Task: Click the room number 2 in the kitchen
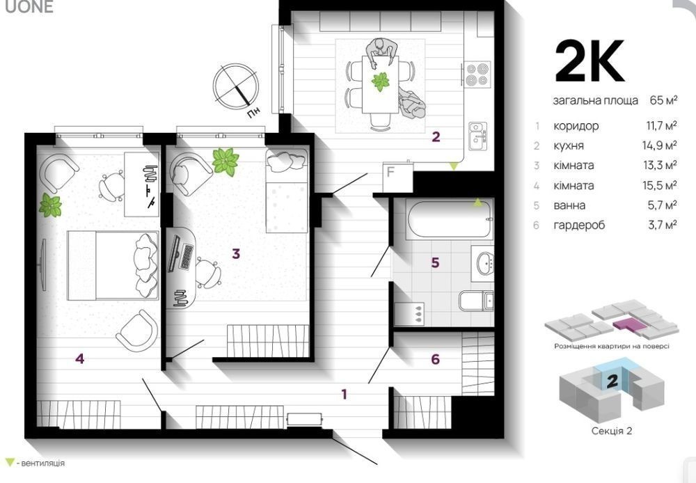[436, 136]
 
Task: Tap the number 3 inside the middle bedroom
[236, 254]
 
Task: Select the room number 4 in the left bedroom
[80, 358]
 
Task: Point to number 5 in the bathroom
[436, 262]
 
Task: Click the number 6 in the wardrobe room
[436, 358]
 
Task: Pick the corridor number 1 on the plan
[344, 394]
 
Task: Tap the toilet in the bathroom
[476, 301]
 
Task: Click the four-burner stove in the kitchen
[477, 74]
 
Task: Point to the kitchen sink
[478, 136]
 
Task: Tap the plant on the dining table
[381, 81]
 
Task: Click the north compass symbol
[236, 86]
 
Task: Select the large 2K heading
[590, 61]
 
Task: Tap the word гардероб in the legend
[579, 225]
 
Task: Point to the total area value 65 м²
[663, 100]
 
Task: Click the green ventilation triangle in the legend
[8, 463]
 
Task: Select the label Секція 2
[612, 431]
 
